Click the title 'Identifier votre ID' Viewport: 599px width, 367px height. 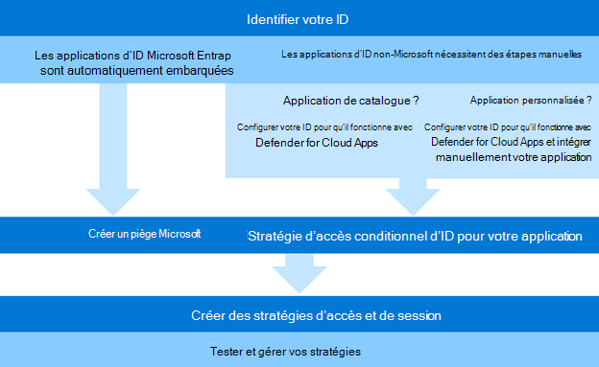(x=299, y=19)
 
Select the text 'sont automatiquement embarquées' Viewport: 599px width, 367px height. (x=137, y=71)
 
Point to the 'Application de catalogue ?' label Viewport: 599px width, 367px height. (x=350, y=101)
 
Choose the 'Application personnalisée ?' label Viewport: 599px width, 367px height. (x=531, y=101)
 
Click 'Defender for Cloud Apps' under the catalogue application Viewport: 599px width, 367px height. (x=317, y=143)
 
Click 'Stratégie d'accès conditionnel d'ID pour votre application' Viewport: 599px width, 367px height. (x=415, y=236)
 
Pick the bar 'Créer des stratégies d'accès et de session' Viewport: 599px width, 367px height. (x=299, y=314)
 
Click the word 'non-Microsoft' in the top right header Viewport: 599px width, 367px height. (x=384, y=55)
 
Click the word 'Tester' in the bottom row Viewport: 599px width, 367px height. (x=227, y=352)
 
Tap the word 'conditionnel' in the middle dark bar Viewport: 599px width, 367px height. (x=394, y=236)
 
